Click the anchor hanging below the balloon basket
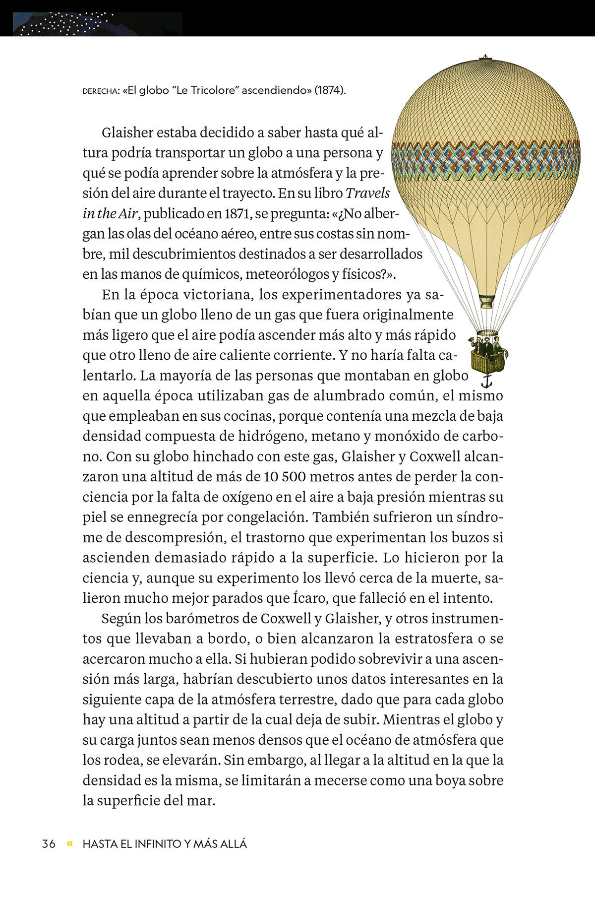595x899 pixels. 486,381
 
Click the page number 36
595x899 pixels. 49,843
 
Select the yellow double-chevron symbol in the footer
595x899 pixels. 69,843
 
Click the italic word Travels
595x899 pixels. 367,193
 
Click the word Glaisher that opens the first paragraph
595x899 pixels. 127,132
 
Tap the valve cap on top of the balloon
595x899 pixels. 485,57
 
